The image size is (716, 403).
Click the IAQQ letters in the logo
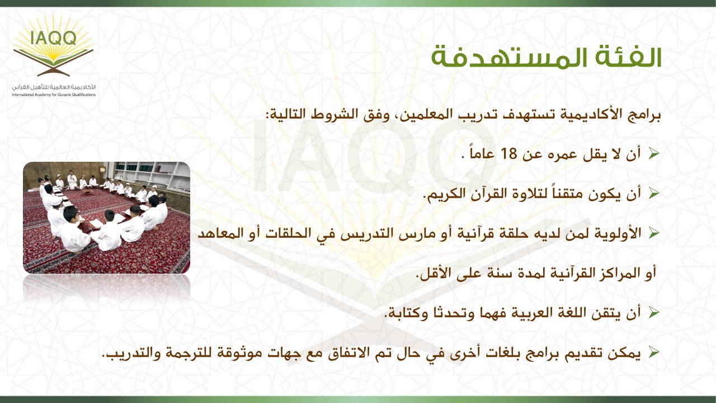click(54, 38)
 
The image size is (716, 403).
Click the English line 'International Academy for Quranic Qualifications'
click(54, 95)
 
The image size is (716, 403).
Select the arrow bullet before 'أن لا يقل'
click(654, 154)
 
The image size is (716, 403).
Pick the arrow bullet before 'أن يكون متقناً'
click(654, 193)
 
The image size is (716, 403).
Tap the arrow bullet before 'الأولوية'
click(654, 233)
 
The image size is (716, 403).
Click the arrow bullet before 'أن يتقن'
click(654, 312)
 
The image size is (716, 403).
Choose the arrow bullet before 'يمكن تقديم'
click(654, 353)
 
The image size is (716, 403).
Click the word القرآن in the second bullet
click(487, 194)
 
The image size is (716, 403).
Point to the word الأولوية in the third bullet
click(618, 234)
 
